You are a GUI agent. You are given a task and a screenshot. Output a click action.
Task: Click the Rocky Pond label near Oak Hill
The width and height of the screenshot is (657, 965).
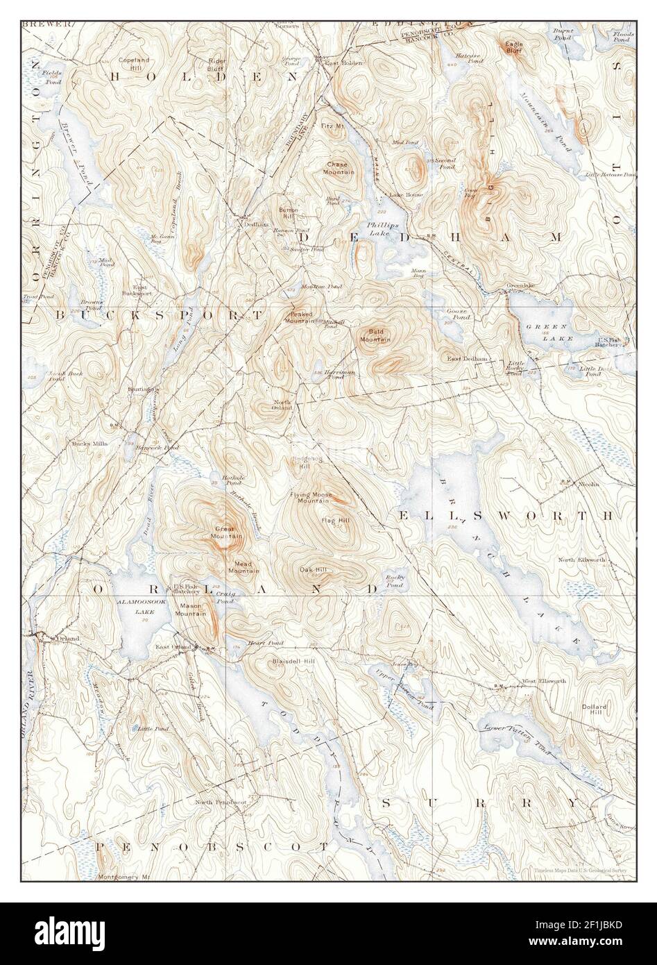395,581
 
